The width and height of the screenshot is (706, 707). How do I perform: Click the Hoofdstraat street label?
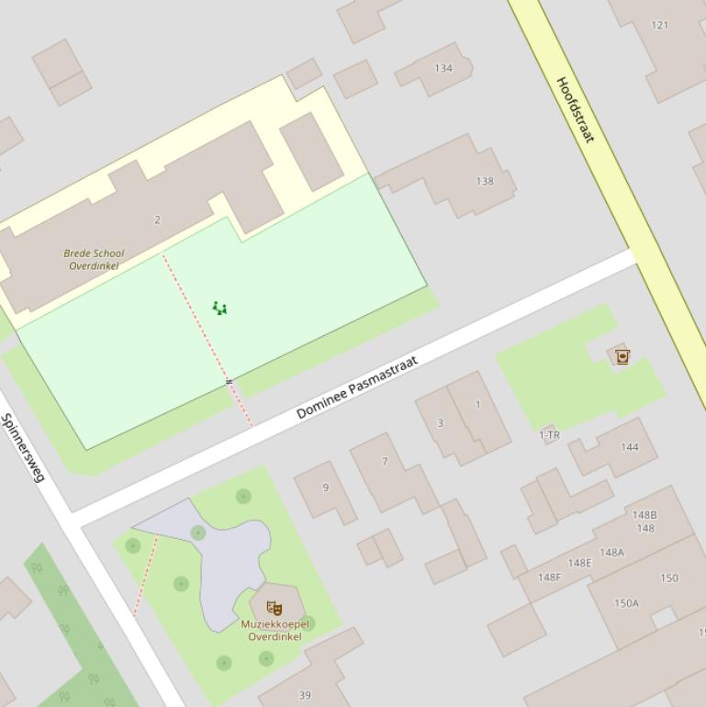point(576,109)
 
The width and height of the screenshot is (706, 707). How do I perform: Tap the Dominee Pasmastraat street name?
point(357,387)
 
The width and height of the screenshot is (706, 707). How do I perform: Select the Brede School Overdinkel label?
point(94,259)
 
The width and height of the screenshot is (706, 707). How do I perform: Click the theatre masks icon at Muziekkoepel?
point(273,607)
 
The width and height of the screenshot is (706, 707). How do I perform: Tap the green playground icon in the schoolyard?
point(219,308)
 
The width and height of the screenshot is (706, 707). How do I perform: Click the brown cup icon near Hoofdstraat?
point(622,355)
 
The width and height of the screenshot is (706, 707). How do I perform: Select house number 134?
point(443,68)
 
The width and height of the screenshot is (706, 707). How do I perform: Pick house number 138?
point(485,181)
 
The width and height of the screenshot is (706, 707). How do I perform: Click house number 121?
point(660,25)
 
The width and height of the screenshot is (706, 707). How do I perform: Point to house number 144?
point(629,447)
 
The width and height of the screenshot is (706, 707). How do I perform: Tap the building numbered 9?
point(325,488)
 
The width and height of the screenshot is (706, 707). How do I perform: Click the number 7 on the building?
point(385,462)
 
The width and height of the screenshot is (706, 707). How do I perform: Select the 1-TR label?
point(549,435)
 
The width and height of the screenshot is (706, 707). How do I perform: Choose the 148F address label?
point(549,578)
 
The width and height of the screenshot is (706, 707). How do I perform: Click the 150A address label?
point(626,603)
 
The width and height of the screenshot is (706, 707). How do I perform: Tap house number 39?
point(305,695)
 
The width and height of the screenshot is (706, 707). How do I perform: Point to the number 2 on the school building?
point(157,219)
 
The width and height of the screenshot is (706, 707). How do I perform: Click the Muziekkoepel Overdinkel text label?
point(275,630)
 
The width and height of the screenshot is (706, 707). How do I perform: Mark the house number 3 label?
point(440,423)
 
